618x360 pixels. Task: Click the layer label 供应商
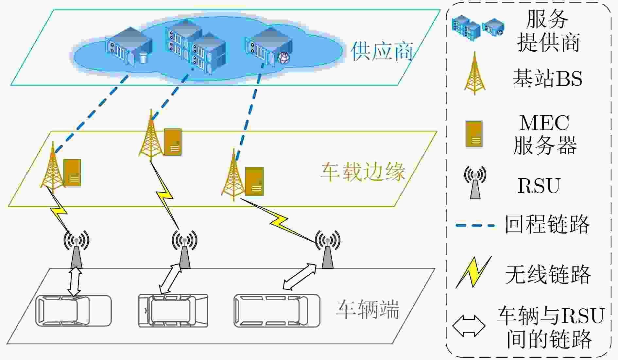pos(381,51)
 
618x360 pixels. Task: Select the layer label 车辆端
pos(368,309)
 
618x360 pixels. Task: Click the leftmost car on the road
pos(74,311)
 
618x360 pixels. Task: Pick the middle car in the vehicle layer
pos(173,311)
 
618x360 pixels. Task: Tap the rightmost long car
pos(277,311)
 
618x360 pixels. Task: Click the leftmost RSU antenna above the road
pos(76,250)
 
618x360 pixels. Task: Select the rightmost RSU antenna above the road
pos(327,250)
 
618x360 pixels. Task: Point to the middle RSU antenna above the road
pos(184,250)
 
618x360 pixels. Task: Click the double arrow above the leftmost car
pos(75,282)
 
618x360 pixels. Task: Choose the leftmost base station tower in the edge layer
pos(52,167)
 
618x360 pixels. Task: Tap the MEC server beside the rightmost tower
pos(254,181)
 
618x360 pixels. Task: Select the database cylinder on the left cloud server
pos(143,58)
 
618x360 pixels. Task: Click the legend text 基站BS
pos(547,78)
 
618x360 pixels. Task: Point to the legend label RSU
pos(539,186)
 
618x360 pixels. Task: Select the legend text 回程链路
pos(547,224)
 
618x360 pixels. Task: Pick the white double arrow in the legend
pos(469,326)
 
